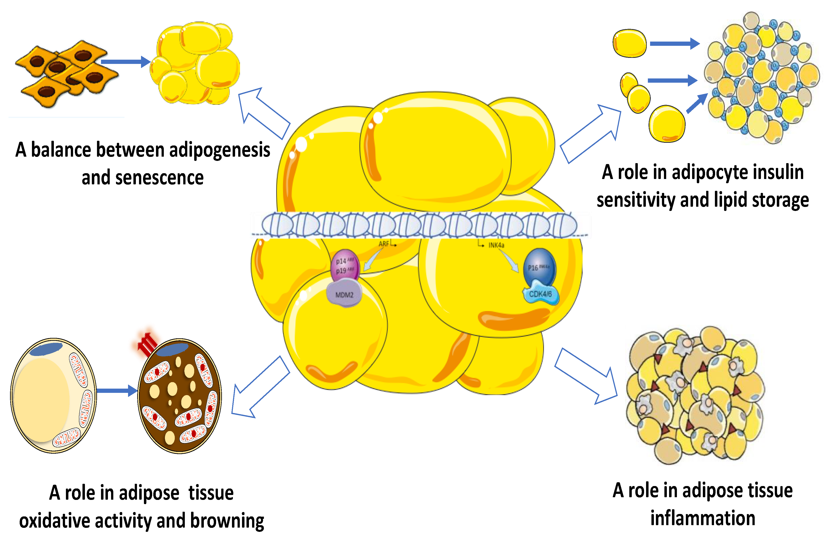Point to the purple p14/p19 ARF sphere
[x=345, y=266]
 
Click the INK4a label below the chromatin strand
[x=496, y=245]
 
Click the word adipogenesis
[x=219, y=150]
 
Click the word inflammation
[x=703, y=518]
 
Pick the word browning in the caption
[x=227, y=521]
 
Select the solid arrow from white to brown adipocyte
[x=117, y=390]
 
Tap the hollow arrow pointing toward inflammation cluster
[x=587, y=376]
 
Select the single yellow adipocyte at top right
[x=629, y=43]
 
